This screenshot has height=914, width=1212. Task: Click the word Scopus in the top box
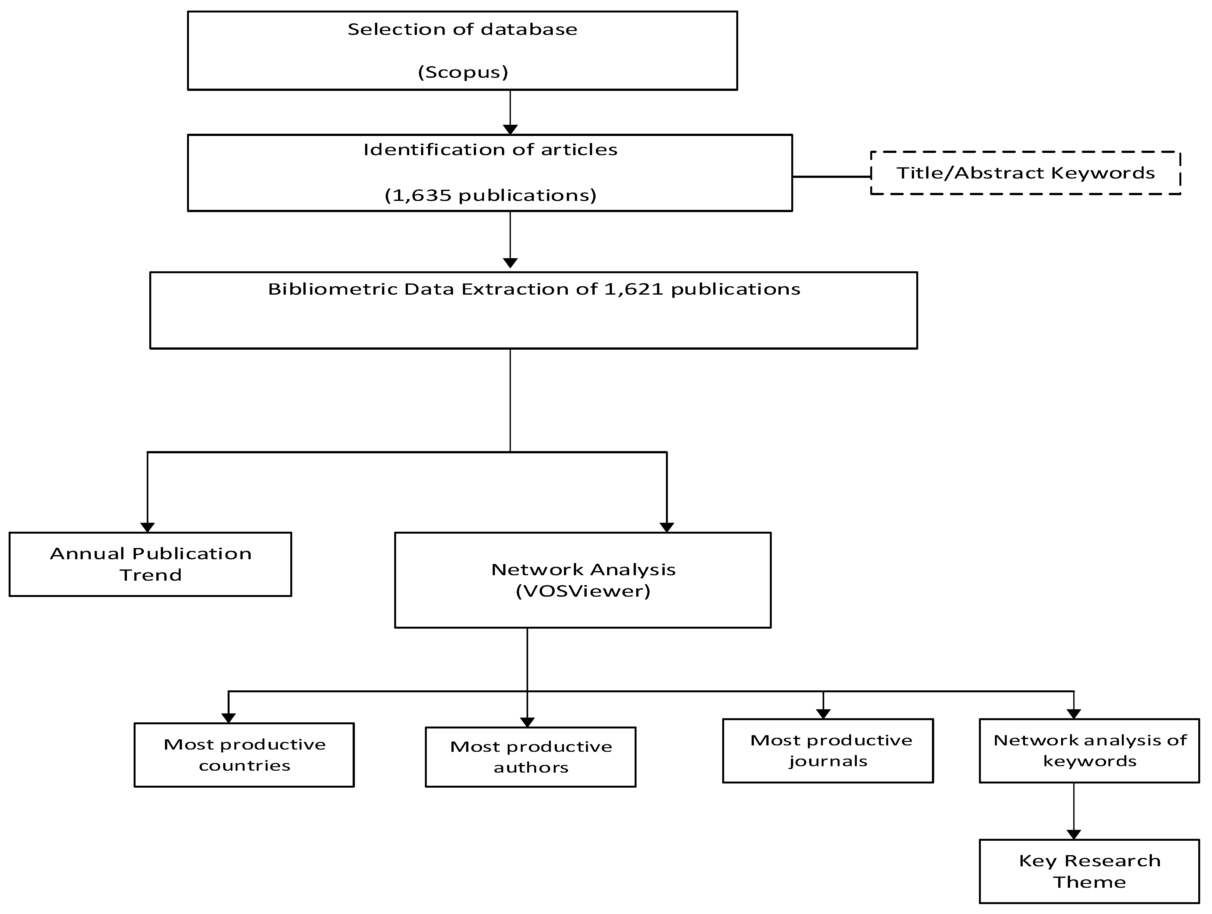pyautogui.click(x=463, y=72)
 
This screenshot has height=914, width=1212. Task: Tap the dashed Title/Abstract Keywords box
pyautogui.click(x=1025, y=173)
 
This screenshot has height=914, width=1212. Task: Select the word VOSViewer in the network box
pyautogui.click(x=583, y=591)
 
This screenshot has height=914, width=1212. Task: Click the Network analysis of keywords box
pyautogui.click(x=1089, y=750)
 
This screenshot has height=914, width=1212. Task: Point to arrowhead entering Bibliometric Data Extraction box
pyautogui.click(x=510, y=263)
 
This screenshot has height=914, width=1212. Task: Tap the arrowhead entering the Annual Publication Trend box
pyautogui.click(x=147, y=528)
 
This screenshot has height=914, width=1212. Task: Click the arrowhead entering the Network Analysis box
pyautogui.click(x=666, y=528)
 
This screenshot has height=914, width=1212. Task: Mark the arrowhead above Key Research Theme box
pyautogui.click(x=1074, y=834)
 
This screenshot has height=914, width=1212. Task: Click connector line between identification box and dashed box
pyautogui.click(x=831, y=177)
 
